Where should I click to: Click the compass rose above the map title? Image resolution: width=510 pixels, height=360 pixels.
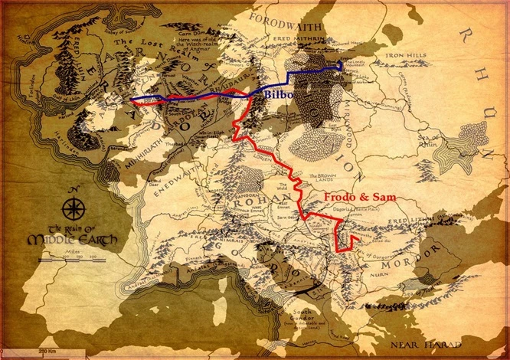click(x=76, y=207)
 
